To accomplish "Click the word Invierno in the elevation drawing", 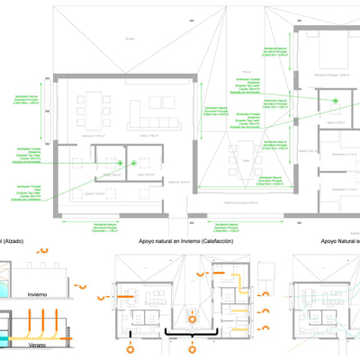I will tap(38, 293).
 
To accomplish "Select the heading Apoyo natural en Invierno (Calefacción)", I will tap(184, 241).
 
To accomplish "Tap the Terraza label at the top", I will tap(130, 39).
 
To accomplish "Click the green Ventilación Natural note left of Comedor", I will tap(27, 101).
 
